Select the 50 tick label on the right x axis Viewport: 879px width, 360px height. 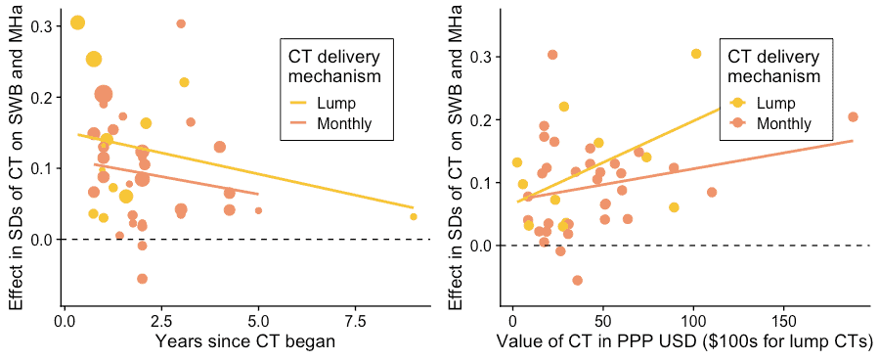pos(603,320)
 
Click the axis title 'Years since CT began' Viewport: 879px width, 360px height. pos(245,341)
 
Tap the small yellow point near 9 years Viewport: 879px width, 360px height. pos(414,216)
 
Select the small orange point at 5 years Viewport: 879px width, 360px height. pos(258,210)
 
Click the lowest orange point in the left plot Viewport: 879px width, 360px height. pos(142,279)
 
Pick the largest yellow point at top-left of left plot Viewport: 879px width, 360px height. pos(77,22)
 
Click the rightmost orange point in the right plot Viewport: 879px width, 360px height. pos(853,116)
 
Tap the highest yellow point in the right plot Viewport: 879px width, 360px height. pos(696,54)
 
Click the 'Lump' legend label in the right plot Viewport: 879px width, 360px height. pos(775,103)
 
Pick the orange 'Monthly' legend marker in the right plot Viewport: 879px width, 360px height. pos(738,123)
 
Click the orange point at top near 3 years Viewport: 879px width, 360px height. pos(181,23)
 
